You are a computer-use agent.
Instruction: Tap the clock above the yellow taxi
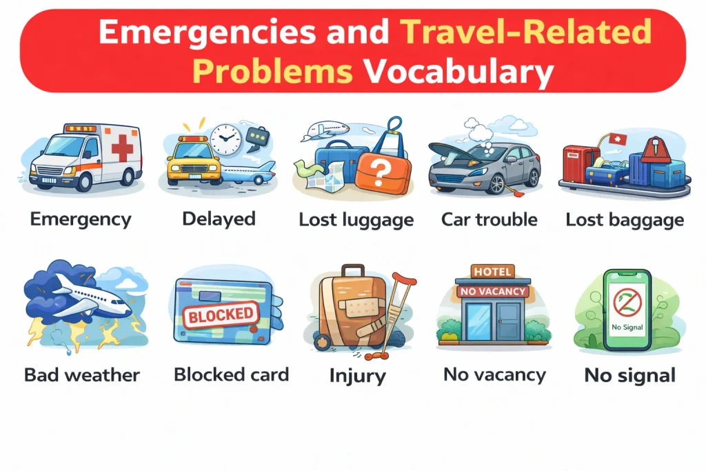pyautogui.click(x=224, y=139)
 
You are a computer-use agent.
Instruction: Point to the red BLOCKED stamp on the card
pyautogui.click(x=221, y=315)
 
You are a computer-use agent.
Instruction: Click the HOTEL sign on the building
pyautogui.click(x=492, y=272)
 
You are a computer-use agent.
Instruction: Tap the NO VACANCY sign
pyautogui.click(x=492, y=292)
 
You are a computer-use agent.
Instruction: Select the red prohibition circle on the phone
pyautogui.click(x=627, y=303)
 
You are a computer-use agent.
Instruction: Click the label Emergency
pyautogui.click(x=80, y=220)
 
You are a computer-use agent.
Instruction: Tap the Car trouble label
pyautogui.click(x=489, y=220)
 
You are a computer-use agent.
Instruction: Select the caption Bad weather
pyautogui.click(x=82, y=375)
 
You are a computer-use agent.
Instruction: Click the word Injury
pyautogui.click(x=357, y=377)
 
